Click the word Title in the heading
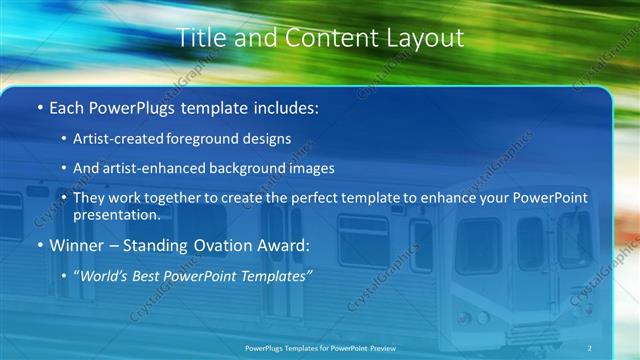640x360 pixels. click(197, 38)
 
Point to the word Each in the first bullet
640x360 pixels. click(68, 106)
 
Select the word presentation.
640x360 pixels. click(116, 214)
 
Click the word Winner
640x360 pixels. click(77, 245)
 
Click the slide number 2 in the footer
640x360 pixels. click(590, 347)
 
